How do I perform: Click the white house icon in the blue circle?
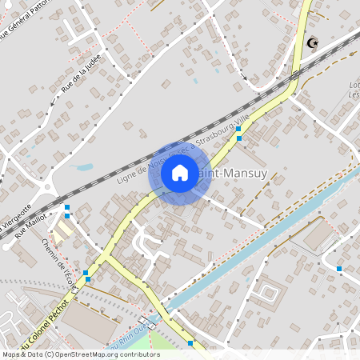tap(180, 172)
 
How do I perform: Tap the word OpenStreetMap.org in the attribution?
tap(98, 354)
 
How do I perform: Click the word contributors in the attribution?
tap(141, 354)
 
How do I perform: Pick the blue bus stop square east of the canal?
tap(339, 268)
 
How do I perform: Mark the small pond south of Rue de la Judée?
tap(83, 169)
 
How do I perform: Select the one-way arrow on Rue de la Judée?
tap(54, 102)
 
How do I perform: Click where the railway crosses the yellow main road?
tap(294, 76)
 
